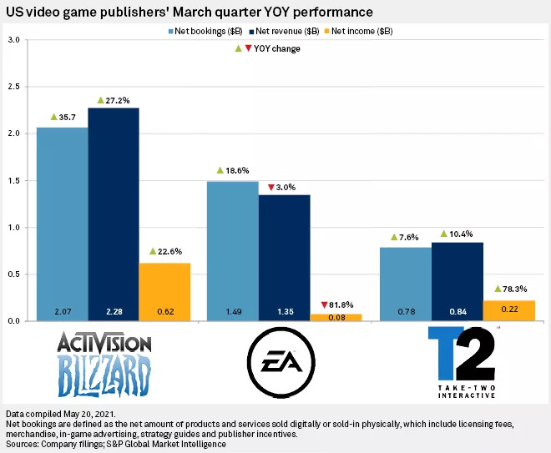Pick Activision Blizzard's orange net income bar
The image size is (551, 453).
[164, 288]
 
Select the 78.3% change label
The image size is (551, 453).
[511, 289]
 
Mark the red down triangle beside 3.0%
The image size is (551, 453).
[271, 188]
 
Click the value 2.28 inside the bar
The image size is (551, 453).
[113, 311]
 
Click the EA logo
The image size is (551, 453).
[284, 364]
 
